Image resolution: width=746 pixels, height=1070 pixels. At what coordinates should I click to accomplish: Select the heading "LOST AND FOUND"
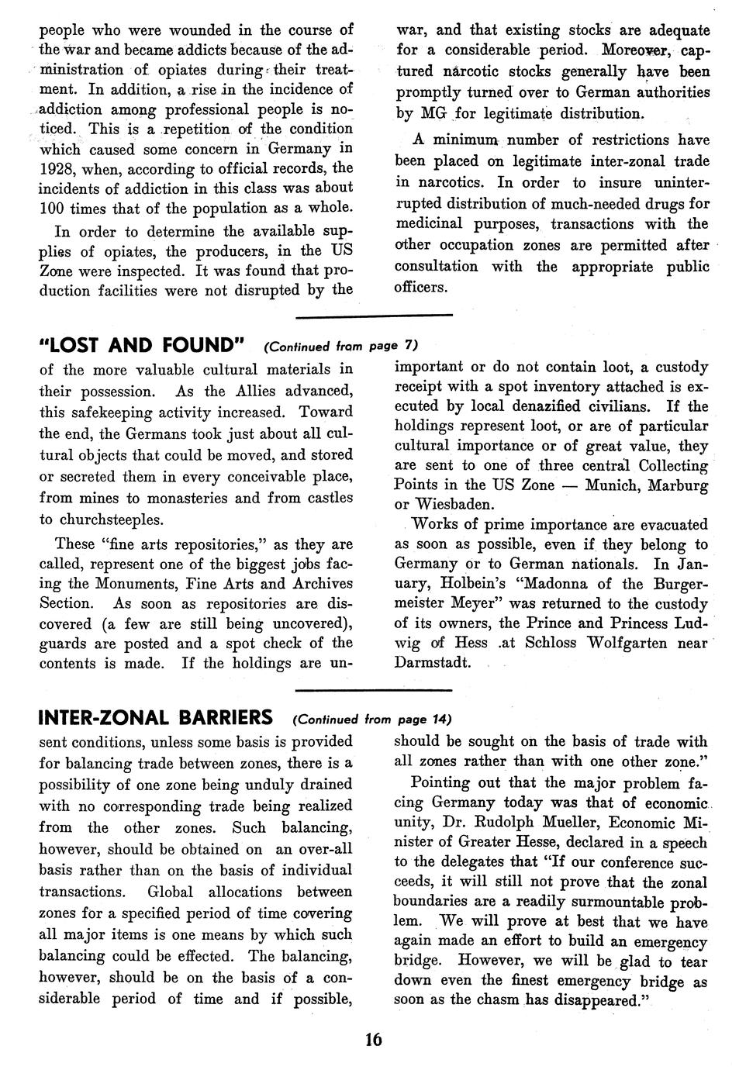click(143, 344)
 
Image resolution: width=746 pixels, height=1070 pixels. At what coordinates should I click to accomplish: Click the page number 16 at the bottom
click(373, 1039)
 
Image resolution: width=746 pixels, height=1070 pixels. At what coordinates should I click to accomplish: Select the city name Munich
click(613, 485)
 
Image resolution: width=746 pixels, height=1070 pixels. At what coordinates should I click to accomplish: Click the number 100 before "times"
click(52, 208)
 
